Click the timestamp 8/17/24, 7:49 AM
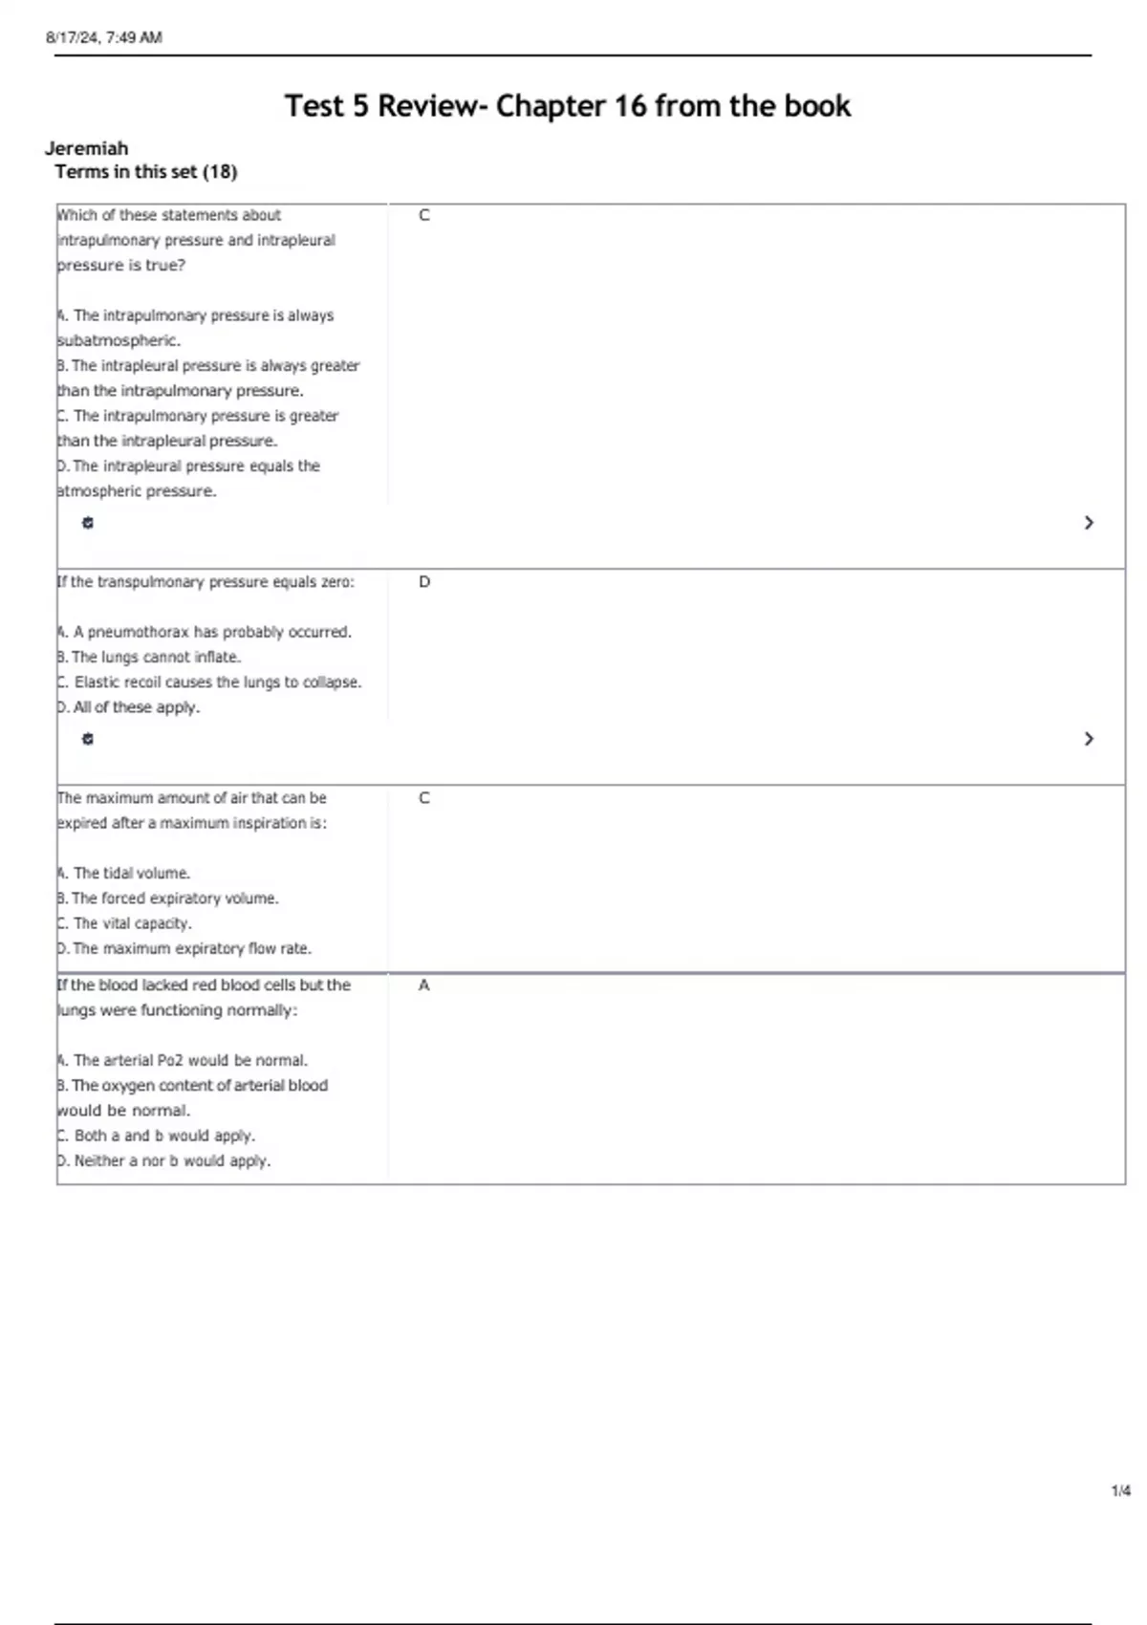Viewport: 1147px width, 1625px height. [104, 38]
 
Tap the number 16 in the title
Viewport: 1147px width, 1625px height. [630, 106]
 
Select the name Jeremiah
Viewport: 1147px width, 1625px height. [86, 148]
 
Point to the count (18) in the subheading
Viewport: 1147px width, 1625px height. [220, 172]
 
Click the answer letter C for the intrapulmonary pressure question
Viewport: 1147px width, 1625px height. [424, 216]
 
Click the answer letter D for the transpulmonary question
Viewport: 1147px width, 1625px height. [424, 582]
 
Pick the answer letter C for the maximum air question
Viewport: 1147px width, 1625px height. [424, 798]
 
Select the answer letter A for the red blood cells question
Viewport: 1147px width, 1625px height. [424, 986]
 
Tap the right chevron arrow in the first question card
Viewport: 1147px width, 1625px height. [1089, 523]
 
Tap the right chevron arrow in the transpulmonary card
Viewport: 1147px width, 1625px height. [1089, 739]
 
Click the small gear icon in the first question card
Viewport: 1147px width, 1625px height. [88, 523]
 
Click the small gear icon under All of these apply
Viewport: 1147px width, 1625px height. [88, 739]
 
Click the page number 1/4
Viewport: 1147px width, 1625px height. [1120, 1491]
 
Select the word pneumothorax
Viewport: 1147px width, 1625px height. [139, 633]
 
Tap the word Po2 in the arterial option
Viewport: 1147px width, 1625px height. [169, 1061]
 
